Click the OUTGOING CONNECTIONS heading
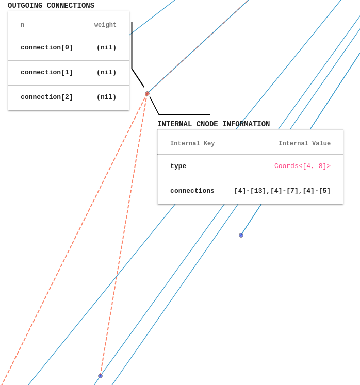click(x=51, y=6)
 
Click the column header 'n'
click(x=22, y=25)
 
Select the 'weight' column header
click(x=105, y=25)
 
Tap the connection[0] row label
click(x=46, y=48)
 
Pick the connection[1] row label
click(x=46, y=73)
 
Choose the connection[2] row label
click(x=46, y=97)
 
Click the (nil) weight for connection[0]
click(x=106, y=48)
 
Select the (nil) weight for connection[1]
click(x=106, y=73)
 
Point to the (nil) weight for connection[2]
click(x=106, y=97)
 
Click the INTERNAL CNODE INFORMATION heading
click(x=214, y=124)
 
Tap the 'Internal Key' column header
click(x=192, y=144)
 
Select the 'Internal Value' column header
click(x=304, y=144)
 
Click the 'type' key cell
click(x=178, y=166)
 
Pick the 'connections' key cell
click(x=192, y=191)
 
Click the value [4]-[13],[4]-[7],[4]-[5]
click(x=282, y=191)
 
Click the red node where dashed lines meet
click(x=147, y=94)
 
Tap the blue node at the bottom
click(x=100, y=376)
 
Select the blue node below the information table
click(x=241, y=235)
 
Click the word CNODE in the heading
click(x=207, y=124)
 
